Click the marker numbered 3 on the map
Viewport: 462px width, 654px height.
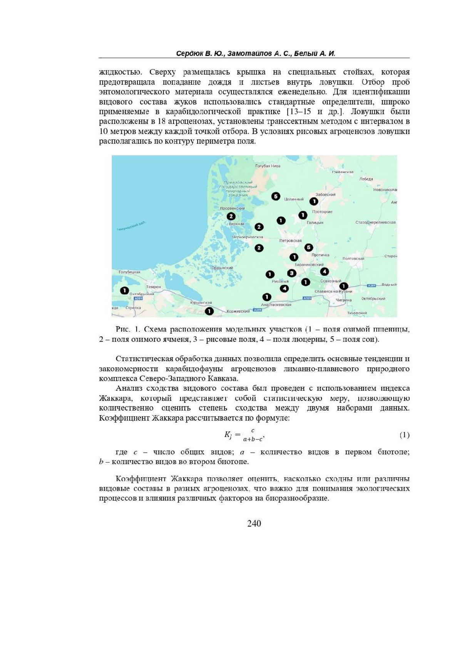pos(291,273)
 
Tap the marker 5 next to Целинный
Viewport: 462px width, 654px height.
pos(275,196)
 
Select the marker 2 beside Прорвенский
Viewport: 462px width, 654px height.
pos(231,216)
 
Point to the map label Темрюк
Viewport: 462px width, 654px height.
pos(154,287)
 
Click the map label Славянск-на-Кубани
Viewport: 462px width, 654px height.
pos(328,292)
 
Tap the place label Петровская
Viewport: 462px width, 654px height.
pos(291,240)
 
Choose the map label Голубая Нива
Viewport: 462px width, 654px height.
pos(268,166)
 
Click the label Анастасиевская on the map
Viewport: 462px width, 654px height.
pos(276,305)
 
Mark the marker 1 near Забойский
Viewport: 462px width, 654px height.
pos(314,201)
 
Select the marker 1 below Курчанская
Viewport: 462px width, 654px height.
pos(209,310)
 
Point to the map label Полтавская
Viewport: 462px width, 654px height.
pos(353,258)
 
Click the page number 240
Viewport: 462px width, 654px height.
pos(254,523)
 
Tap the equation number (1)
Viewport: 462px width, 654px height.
pos(404,435)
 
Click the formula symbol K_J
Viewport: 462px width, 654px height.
pos(228,435)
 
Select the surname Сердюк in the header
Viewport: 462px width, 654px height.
pos(189,54)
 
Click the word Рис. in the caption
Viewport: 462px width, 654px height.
pos(123,329)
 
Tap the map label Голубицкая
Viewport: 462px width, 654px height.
pos(129,272)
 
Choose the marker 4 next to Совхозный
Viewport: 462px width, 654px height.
pos(325,272)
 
